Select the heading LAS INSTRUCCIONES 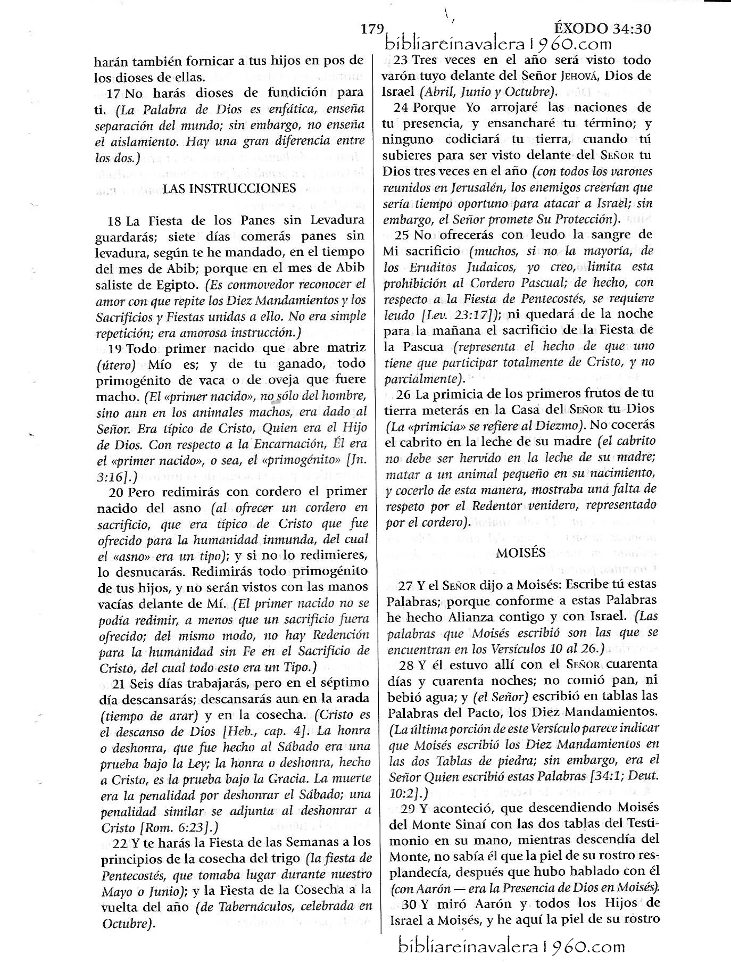pyautogui.click(x=229, y=188)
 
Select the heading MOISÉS pyautogui.click(x=521, y=552)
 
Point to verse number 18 pyautogui.click(x=114, y=220)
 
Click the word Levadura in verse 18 pyautogui.click(x=337, y=220)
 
